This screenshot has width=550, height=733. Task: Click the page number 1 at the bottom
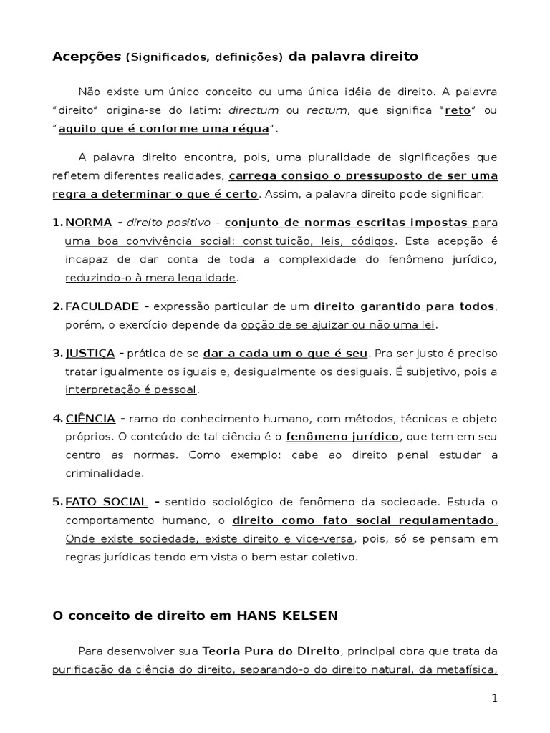tap(494, 699)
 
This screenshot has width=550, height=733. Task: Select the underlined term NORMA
tap(88, 222)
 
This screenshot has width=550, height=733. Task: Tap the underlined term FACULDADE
tap(102, 306)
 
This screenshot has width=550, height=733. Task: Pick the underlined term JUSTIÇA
tap(90, 353)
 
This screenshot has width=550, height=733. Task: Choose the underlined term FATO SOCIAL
tap(106, 501)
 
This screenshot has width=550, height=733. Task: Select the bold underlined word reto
tap(458, 110)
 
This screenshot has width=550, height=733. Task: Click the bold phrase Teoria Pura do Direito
tap(274, 651)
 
